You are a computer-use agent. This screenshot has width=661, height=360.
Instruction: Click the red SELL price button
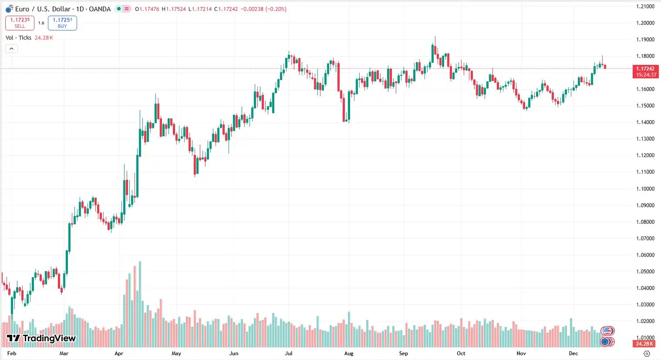pyautogui.click(x=20, y=23)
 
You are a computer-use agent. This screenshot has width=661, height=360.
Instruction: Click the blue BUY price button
pyautogui.click(x=62, y=23)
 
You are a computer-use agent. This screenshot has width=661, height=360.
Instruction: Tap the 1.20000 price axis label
pyautogui.click(x=645, y=23)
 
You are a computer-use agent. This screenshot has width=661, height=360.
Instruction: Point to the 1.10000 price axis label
pyautogui.click(x=645, y=189)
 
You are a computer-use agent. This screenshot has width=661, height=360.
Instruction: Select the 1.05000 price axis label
pyautogui.click(x=645, y=272)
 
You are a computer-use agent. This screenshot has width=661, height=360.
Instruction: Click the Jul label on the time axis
pyautogui.click(x=289, y=353)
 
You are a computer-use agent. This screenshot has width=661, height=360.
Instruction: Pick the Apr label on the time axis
pyautogui.click(x=119, y=353)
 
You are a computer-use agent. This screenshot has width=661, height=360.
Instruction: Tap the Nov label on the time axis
pyautogui.click(x=521, y=353)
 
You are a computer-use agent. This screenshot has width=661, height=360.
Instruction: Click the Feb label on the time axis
pyautogui.click(x=12, y=353)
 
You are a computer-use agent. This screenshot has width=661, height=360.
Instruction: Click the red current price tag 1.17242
pyautogui.click(x=645, y=71)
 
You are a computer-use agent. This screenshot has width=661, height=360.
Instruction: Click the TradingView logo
pyautogui.click(x=41, y=338)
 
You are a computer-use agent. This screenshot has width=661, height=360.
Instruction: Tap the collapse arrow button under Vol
pyautogui.click(x=11, y=48)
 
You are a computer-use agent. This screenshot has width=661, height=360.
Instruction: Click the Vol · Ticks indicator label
pyautogui.click(x=18, y=38)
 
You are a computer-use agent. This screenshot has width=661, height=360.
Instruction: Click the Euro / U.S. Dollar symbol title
pyautogui.click(x=63, y=9)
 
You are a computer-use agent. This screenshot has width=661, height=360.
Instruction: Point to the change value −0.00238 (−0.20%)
pyautogui.click(x=265, y=9)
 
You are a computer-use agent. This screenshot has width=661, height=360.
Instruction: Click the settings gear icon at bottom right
pyautogui.click(x=647, y=353)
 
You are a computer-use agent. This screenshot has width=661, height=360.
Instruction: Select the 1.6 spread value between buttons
pyautogui.click(x=41, y=23)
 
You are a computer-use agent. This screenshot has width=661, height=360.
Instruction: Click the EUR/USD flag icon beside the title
pyautogui.click(x=9, y=9)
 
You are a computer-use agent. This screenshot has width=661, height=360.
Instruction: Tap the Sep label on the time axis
pyautogui.click(x=404, y=353)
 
